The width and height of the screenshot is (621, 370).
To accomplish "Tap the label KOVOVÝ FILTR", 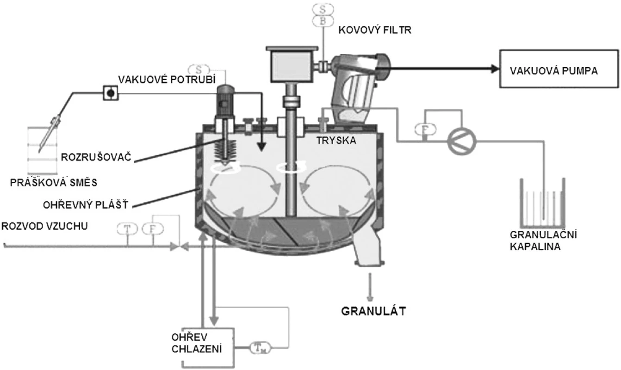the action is [x=375, y=30].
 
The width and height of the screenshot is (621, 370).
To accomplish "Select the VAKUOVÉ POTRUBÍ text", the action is [x=167, y=80].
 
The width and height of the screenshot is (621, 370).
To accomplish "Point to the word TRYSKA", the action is [x=336, y=141].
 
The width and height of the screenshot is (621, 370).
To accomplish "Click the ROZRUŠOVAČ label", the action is [x=96, y=157].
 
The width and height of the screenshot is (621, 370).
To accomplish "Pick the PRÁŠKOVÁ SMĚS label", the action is [x=54, y=182].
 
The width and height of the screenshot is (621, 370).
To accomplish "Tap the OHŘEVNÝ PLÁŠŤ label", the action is [x=86, y=205].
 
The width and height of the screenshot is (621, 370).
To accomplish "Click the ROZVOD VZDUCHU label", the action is [x=44, y=226].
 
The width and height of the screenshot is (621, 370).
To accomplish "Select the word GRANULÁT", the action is [x=373, y=311].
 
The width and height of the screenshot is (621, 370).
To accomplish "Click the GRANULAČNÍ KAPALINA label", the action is [x=543, y=240].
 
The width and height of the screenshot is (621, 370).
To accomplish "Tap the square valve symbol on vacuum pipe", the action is [x=111, y=93].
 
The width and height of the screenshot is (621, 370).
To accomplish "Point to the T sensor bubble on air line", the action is [x=127, y=229].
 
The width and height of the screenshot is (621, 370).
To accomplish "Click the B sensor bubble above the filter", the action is [x=323, y=21].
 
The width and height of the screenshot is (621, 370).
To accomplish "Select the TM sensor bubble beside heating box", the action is [x=261, y=347].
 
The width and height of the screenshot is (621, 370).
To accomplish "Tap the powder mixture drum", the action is [x=42, y=150].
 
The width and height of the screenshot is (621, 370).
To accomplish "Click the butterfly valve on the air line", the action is [x=180, y=246].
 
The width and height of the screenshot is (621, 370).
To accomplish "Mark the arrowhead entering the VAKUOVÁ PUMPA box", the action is [x=495, y=69].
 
